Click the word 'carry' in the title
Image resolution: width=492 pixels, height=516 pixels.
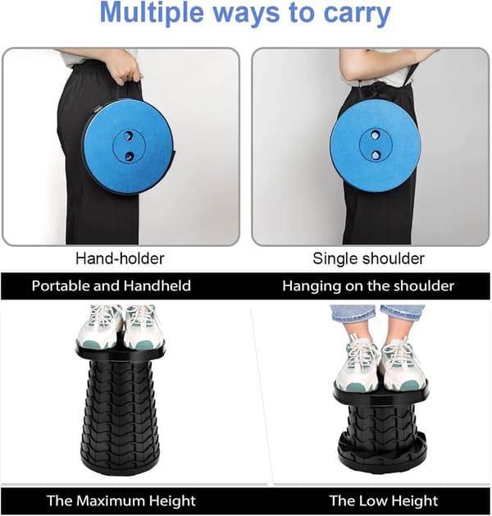pos(358,14)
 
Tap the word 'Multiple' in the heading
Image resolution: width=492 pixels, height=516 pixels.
pos(152,12)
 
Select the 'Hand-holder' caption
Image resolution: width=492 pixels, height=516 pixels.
pos(120,258)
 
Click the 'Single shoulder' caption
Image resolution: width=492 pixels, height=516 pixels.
pos(368,258)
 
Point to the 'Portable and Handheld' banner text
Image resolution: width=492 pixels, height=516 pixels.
pos(112,285)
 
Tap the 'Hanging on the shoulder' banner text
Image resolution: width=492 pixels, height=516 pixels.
pos(368,286)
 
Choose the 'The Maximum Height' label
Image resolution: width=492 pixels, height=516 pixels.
pos(121,501)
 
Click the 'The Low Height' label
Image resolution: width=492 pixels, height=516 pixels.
pos(384,501)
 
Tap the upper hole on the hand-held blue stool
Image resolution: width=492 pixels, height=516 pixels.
pos(129,135)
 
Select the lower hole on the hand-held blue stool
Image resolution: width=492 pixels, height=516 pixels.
pos(129,155)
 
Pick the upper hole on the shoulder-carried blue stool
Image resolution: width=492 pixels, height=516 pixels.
pos(375,135)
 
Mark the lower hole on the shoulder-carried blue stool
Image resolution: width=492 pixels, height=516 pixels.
pos(376,155)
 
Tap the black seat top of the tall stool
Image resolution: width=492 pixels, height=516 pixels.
pos(120,351)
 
